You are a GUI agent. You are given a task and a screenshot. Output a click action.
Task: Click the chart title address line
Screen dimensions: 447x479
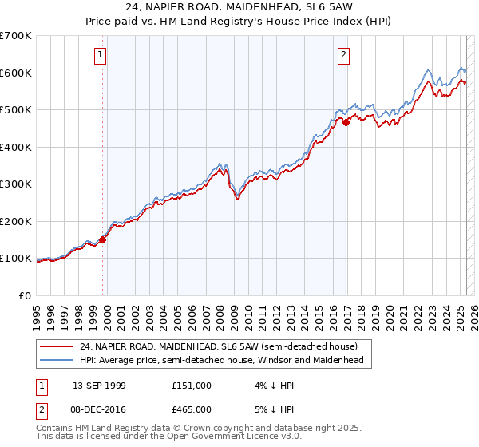[239, 6]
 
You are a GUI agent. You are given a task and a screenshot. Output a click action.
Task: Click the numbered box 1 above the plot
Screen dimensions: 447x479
[101, 55]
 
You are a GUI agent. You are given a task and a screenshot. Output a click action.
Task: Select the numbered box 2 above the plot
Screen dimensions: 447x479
[343, 55]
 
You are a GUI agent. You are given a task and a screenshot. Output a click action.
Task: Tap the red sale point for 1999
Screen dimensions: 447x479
[103, 239]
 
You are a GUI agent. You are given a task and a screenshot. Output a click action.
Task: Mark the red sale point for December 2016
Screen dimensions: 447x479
[346, 122]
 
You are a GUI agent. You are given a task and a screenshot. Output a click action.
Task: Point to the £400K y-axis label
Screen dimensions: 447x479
[16, 147]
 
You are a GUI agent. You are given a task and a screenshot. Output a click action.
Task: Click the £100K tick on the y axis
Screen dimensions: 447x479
[16, 259]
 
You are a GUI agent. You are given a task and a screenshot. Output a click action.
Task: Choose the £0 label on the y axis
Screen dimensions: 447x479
[25, 295]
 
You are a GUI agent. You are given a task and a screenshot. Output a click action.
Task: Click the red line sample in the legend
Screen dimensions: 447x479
[57, 346]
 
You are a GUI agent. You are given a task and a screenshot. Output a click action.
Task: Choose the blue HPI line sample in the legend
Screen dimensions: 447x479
[57, 360]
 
